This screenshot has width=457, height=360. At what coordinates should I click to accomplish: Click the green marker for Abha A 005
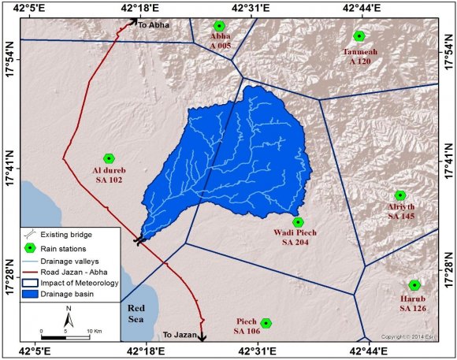pyautogui.click(x=220, y=26)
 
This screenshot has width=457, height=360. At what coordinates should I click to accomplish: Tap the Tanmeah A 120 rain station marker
pyautogui.click(x=359, y=35)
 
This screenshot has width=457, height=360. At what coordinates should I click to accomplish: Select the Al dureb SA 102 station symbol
pyautogui.click(x=109, y=158)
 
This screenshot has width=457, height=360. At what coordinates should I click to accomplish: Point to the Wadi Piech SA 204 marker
pyautogui.click(x=298, y=222)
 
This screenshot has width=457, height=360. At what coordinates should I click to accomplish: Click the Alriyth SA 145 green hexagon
pyautogui.click(x=400, y=195)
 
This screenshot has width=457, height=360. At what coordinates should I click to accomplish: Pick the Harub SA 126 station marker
pyautogui.click(x=414, y=285)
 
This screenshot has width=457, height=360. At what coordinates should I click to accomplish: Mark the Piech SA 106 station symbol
pyautogui.click(x=266, y=323)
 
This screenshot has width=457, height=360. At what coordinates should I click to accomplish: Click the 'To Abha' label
pyautogui.click(x=154, y=25)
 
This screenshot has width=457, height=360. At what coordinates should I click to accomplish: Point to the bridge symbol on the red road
pyautogui.click(x=139, y=239)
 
